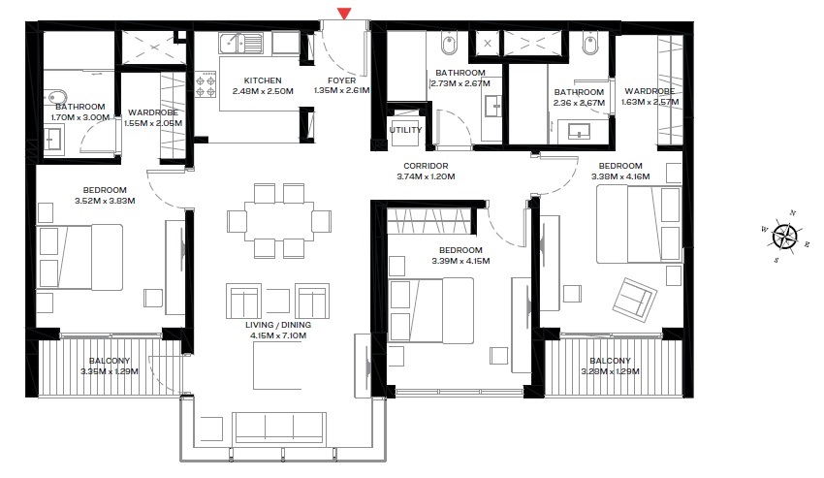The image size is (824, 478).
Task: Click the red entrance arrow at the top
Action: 343,13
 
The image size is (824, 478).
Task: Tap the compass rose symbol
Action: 786,234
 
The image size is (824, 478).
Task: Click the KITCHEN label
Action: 263,80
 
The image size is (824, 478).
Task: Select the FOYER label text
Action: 342,80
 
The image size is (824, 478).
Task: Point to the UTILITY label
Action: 405,129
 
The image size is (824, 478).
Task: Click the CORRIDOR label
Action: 426,166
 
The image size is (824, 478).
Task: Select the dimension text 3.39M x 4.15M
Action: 460,261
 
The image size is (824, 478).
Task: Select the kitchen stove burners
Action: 206,87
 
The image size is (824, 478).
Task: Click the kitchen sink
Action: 240,43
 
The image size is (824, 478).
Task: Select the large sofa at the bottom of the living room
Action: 280,428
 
